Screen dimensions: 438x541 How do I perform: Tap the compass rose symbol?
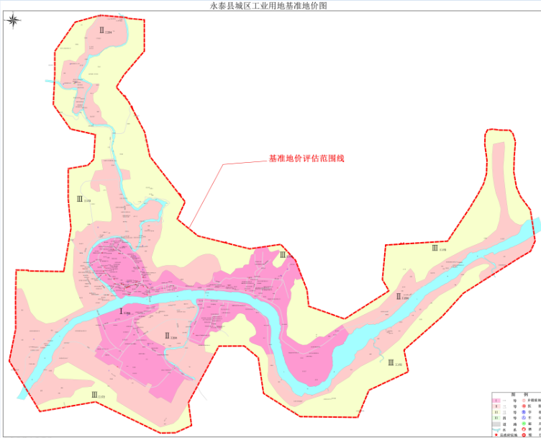pyautogui.click(x=14, y=20)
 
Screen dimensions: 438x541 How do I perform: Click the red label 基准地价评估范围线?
pyautogui.click(x=306, y=158)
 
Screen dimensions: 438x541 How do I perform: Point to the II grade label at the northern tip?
pyautogui.click(x=105, y=31)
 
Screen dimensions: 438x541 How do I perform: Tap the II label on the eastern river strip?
pyautogui.click(x=400, y=296)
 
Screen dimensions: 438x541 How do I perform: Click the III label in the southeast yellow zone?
pyautogui.click(x=393, y=362)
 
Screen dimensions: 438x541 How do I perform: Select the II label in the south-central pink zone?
pyautogui.click(x=170, y=335)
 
